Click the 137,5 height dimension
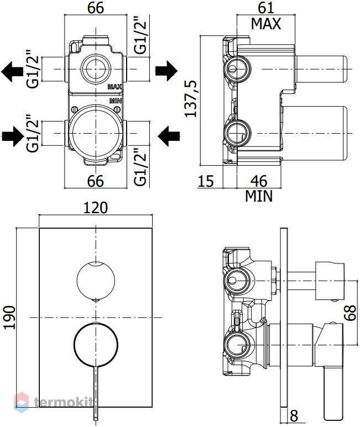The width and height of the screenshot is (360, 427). pos(191,98)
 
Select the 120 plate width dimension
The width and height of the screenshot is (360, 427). pos(96,208)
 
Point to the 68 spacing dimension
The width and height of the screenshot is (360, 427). pos(350,312)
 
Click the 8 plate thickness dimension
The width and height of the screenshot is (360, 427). pos(294,416)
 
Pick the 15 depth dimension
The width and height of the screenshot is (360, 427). pos(206,181)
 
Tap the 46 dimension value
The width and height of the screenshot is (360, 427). pos(259,181)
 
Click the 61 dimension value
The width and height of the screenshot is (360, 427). pos(266,8)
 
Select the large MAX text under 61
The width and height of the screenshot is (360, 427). pos(265,24)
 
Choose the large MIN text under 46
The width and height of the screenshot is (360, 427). pos(259,196)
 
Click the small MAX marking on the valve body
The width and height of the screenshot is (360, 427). pos(115,87)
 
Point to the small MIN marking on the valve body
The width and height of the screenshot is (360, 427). pos(116,101)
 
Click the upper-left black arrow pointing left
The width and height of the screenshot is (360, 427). pos(12,71)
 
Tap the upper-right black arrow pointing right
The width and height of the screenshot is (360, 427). pos(166,71)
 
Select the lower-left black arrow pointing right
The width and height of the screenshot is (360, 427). pos(13,136)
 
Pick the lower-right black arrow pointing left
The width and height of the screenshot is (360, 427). pos(169,136)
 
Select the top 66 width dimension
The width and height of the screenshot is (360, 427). pos(96,8)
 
